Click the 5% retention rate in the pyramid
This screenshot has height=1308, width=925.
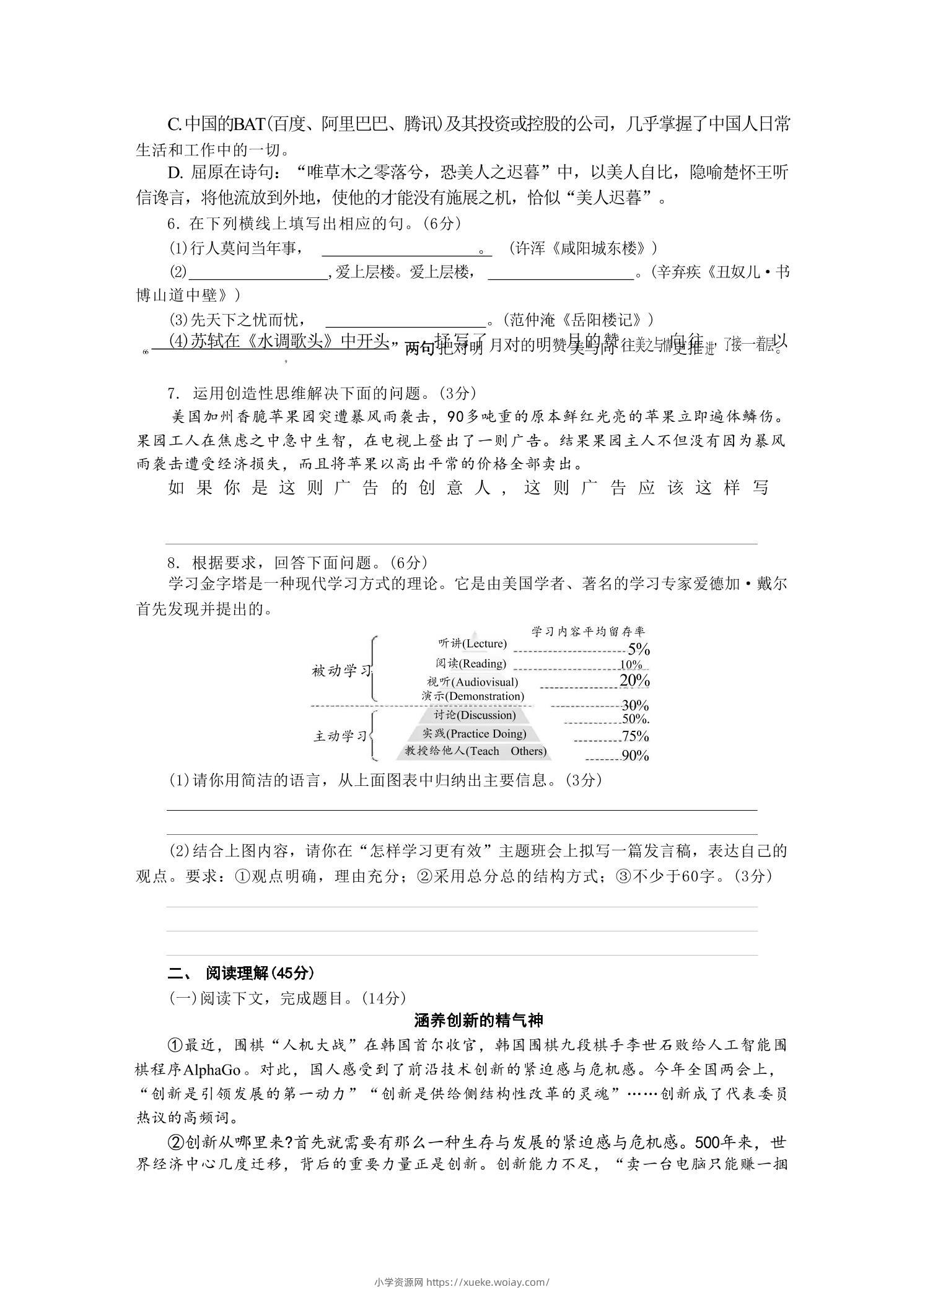[638, 649]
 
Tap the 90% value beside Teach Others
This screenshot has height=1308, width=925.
[635, 756]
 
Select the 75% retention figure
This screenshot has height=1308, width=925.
[635, 736]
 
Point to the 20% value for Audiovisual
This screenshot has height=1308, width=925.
[634, 681]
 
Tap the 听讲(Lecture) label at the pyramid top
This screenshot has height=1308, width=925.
[472, 643]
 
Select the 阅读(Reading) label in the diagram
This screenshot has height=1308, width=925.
[471, 663]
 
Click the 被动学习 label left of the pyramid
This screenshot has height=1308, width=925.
[341, 671]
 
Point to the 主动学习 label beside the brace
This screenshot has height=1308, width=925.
[341, 736]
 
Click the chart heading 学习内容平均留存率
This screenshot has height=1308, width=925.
[588, 631]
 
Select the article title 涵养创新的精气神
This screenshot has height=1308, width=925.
[478, 1020]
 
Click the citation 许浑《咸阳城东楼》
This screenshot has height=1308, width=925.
[582, 248]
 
